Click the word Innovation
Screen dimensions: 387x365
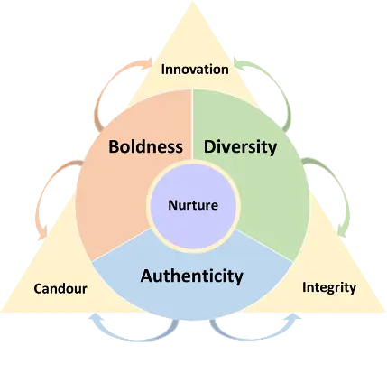click(x=195, y=70)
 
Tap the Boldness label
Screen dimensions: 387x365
click(x=145, y=146)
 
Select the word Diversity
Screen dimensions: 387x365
click(x=241, y=147)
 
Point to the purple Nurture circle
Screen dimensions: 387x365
click(x=193, y=205)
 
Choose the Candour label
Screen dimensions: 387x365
click(x=60, y=288)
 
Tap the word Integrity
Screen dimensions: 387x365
click(x=329, y=287)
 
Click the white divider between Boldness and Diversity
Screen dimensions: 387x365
click(x=192, y=124)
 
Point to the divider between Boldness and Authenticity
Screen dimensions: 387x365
click(x=122, y=244)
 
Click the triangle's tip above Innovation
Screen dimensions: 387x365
click(x=193, y=1)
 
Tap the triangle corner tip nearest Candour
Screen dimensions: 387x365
click(x=2, y=311)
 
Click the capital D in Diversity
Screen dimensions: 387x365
click(x=209, y=146)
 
